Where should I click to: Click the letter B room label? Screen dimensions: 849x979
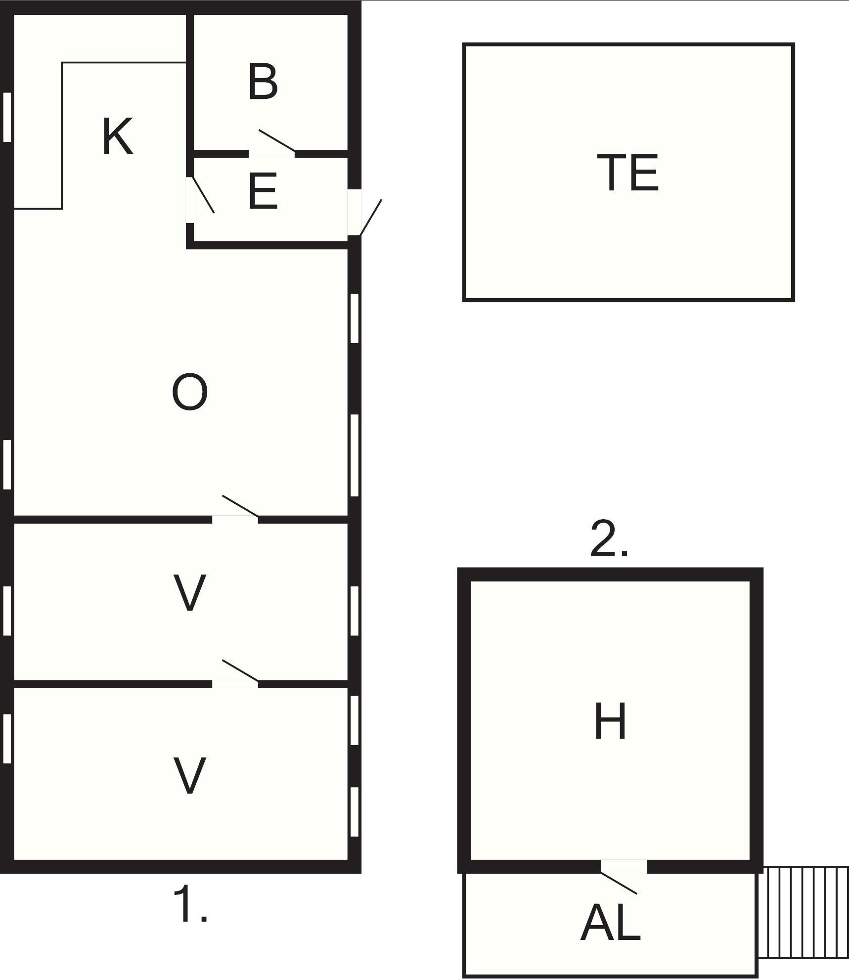coord(263,82)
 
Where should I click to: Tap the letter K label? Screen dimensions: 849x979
coord(118,136)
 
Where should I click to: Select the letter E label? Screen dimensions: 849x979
coord(263,191)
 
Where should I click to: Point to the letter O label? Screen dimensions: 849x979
coord(189,392)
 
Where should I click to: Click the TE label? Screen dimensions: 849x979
coord(628,172)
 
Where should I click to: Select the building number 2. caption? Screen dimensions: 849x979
coord(609,538)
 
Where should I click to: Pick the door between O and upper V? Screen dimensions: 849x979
coord(235,508)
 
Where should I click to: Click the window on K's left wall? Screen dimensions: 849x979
coord(7,117)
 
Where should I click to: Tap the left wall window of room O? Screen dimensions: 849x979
coord(7,464)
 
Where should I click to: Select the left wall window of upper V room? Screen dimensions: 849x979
coord(7,611)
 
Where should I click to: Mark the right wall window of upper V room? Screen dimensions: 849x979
coord(354,611)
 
